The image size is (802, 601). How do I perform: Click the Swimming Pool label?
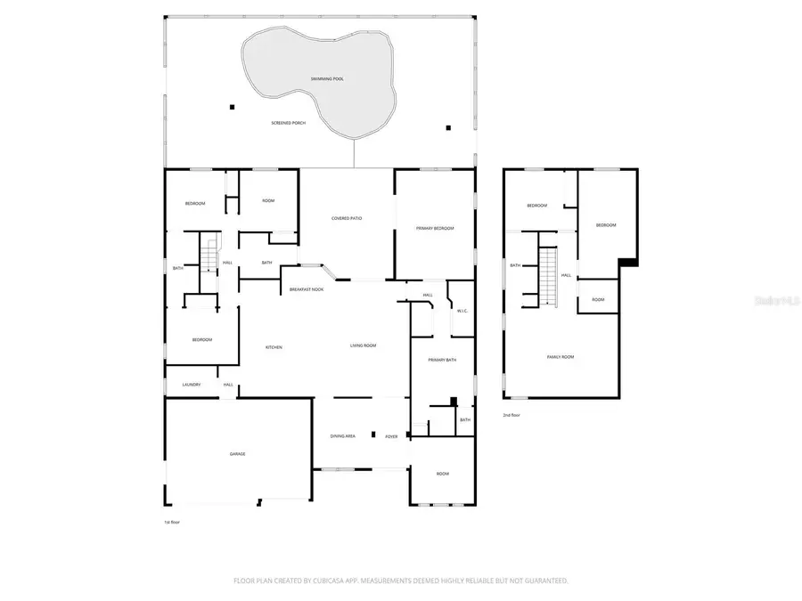point(327,79)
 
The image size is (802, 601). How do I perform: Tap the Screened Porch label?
point(289,122)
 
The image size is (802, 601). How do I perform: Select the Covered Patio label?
point(347,218)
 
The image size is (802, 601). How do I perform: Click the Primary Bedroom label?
point(435,229)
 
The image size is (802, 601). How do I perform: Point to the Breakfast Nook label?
point(307,290)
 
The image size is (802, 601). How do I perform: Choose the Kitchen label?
point(274,346)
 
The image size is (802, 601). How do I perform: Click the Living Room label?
point(363,345)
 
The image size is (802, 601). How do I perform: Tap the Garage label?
point(238,453)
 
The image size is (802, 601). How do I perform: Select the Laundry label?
point(192,385)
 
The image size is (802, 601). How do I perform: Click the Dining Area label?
point(344,435)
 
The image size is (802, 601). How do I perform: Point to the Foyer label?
point(391,436)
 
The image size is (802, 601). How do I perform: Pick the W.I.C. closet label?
point(462,311)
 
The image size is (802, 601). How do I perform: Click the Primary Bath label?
point(443,360)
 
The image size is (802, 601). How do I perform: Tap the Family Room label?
point(561,356)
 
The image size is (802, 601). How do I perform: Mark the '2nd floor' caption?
point(511,415)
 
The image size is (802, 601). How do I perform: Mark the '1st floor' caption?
point(170,522)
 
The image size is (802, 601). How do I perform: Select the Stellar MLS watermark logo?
point(776,302)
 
